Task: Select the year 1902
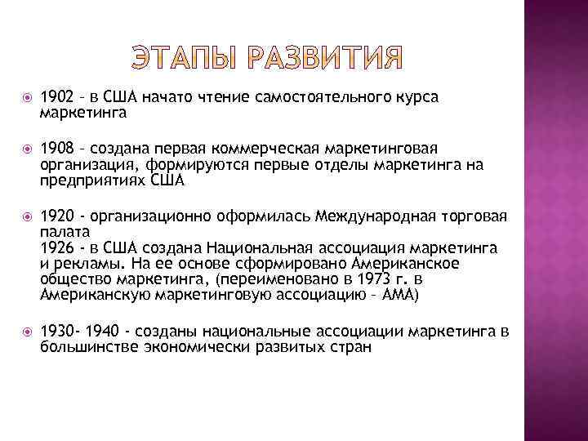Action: pos(56,97)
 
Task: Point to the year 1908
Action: pos(56,149)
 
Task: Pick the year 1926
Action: pos(56,247)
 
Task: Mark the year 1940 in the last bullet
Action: pos(105,331)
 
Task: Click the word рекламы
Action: pos(76,263)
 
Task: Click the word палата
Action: pos(60,232)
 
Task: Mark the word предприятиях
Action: pos(92,180)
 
